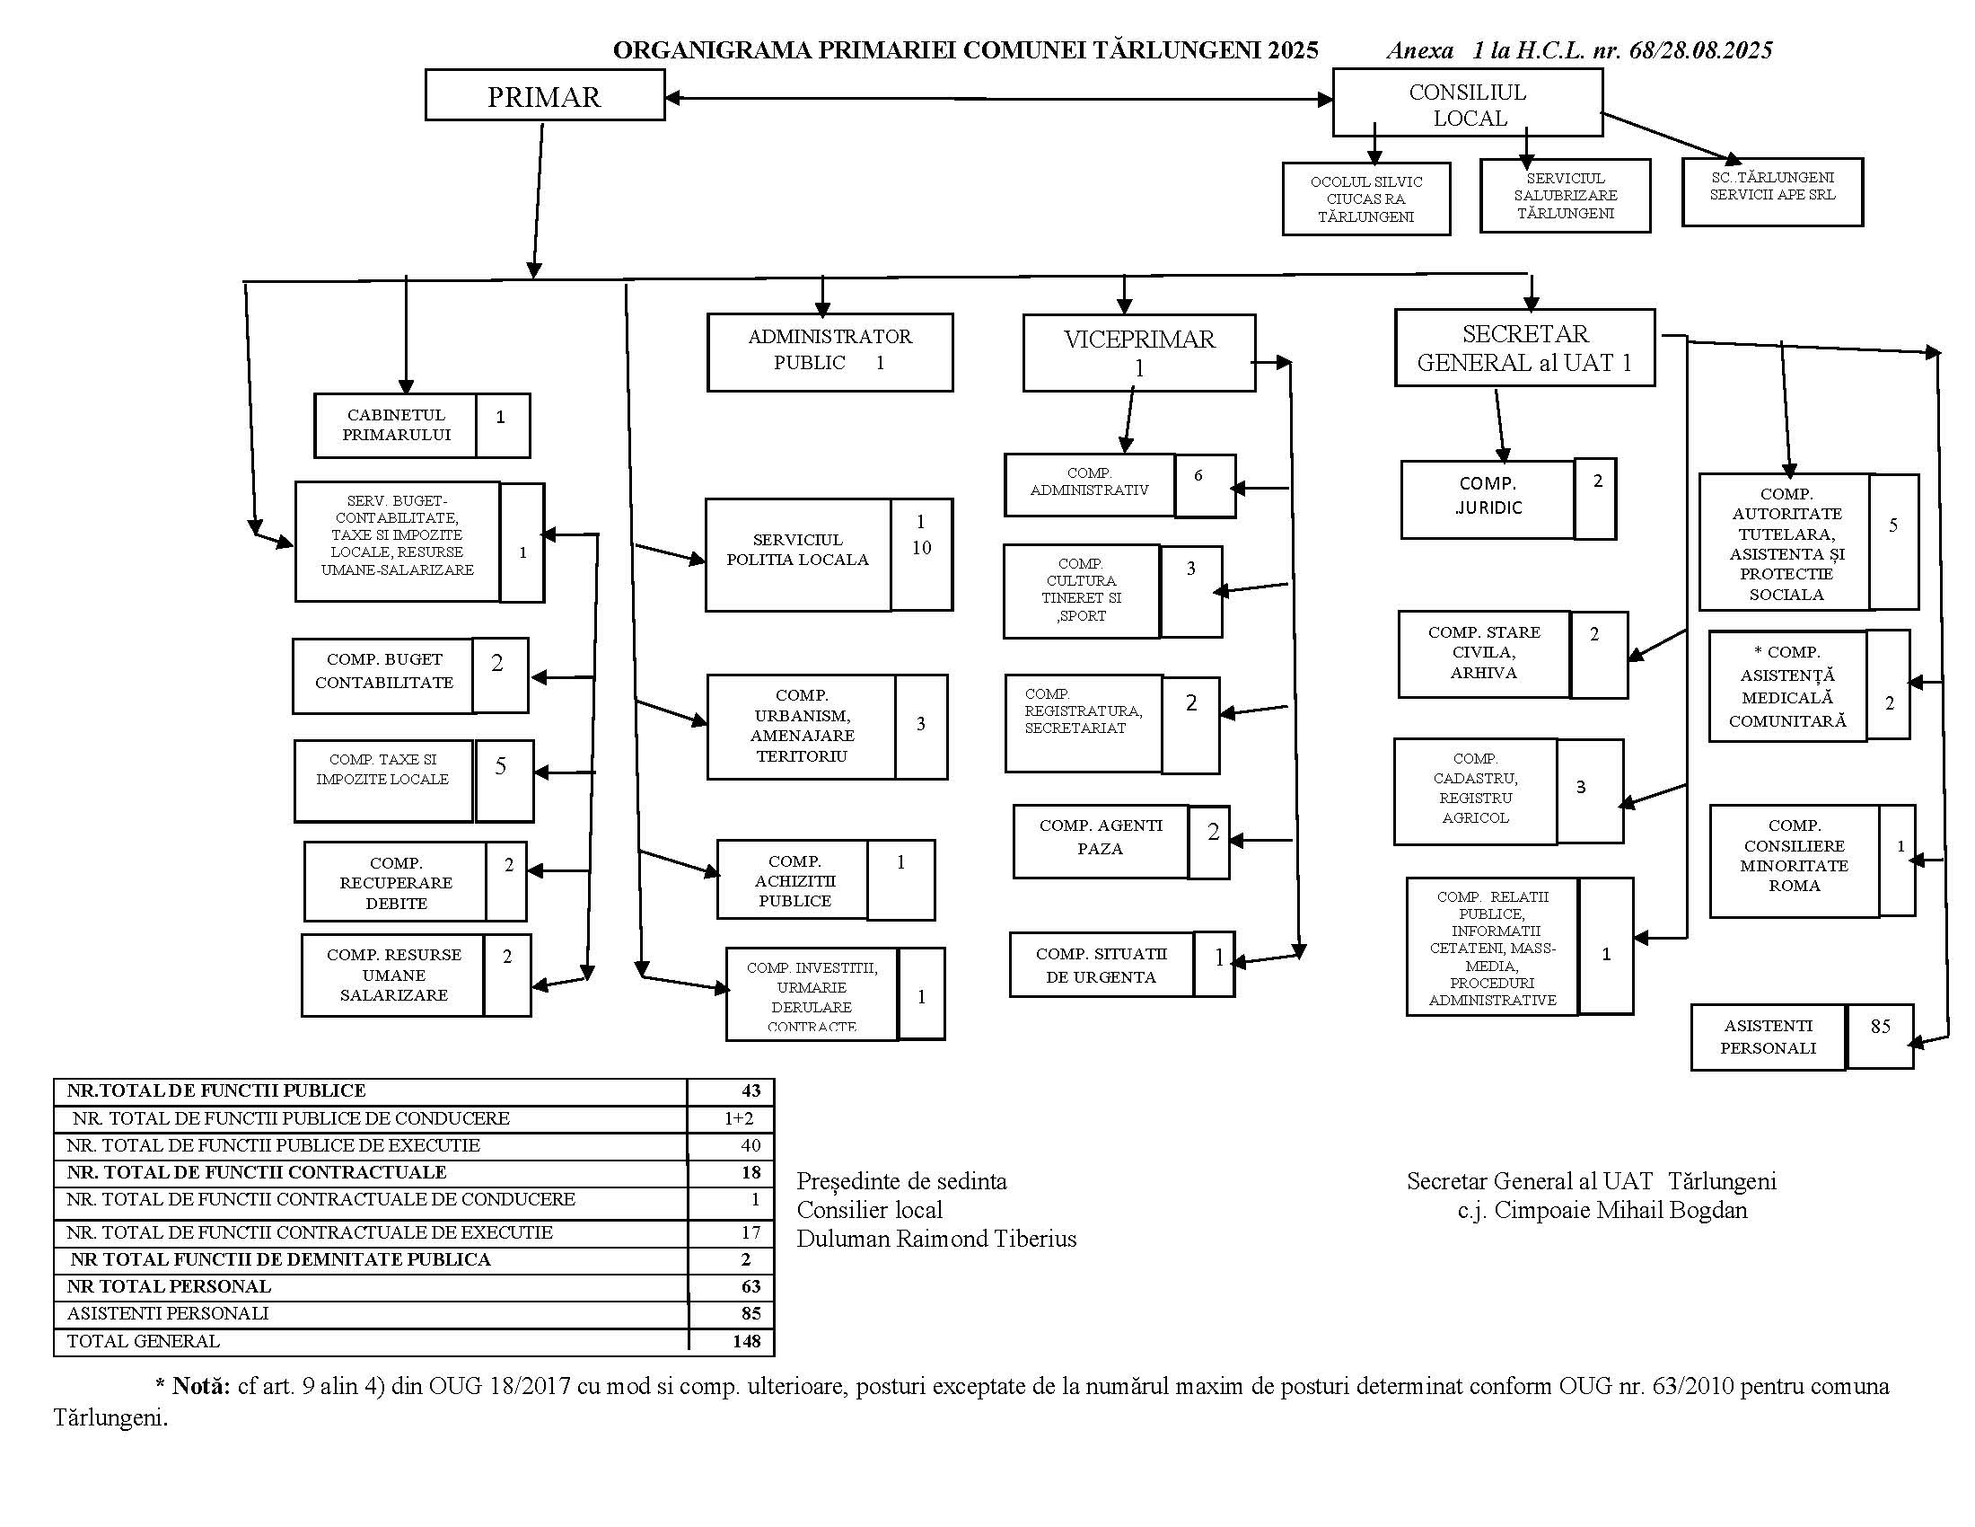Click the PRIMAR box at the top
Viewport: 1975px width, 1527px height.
(544, 96)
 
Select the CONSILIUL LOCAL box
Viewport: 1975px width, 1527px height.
(1467, 104)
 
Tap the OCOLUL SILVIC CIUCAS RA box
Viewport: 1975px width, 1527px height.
(1365, 199)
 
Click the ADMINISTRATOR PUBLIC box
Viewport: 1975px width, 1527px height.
(829, 351)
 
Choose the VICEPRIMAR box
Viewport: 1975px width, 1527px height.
(1138, 352)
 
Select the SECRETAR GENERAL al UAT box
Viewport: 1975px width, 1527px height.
(1524, 349)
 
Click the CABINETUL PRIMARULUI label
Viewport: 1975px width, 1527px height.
(396, 424)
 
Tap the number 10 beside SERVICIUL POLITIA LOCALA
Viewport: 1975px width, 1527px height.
(920, 547)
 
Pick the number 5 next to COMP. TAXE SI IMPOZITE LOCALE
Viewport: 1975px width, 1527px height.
(501, 766)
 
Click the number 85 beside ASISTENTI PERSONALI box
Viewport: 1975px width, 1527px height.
(1880, 1026)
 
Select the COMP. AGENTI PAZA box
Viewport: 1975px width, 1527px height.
(1101, 838)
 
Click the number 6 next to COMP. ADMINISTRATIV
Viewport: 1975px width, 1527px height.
(1198, 475)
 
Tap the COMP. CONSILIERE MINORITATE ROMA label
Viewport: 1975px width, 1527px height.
(1794, 856)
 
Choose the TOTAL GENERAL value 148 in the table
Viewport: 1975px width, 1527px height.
(746, 1341)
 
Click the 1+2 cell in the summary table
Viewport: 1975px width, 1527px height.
(738, 1118)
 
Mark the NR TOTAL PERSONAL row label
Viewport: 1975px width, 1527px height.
(169, 1286)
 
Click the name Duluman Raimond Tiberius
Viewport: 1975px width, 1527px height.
(936, 1239)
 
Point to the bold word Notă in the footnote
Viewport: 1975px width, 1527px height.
(201, 1386)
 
